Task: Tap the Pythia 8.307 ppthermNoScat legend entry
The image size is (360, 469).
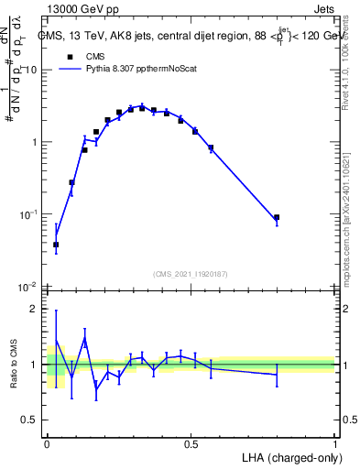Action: point(138,68)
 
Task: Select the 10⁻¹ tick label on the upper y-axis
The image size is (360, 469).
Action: point(28,214)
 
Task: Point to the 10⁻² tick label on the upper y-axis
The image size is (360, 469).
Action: point(28,287)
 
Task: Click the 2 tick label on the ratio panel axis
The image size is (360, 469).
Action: point(35,309)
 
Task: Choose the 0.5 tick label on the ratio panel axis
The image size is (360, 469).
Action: point(30,420)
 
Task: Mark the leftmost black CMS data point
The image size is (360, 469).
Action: point(56,245)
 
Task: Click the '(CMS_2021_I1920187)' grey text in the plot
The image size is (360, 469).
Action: point(191,273)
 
